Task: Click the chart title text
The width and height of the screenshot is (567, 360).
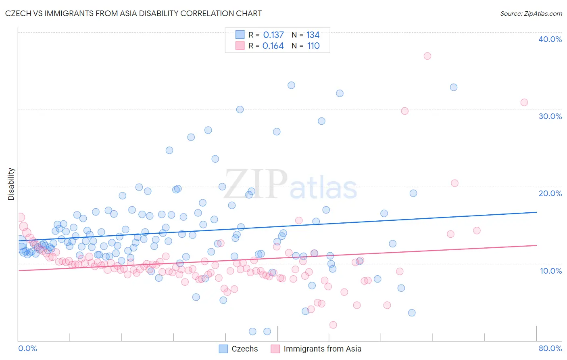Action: tap(133, 13)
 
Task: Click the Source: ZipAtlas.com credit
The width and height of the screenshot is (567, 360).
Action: tap(531, 13)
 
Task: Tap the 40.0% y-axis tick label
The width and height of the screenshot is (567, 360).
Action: tap(550, 39)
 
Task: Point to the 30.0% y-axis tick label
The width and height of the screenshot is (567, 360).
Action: tap(550, 116)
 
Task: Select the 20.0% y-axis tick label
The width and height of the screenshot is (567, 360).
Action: tap(550, 193)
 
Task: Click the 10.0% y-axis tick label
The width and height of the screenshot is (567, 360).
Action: tap(551, 271)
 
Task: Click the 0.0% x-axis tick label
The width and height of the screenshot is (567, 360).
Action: tap(28, 348)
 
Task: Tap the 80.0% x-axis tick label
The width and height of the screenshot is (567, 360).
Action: tap(550, 348)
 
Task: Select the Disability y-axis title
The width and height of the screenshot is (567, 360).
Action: tap(11, 184)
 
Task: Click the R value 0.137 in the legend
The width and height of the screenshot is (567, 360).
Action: tap(273, 35)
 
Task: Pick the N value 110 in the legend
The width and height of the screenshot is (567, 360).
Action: tap(313, 46)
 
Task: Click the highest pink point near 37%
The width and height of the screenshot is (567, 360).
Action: tap(427, 56)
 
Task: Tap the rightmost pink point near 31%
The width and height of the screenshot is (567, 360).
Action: tap(524, 103)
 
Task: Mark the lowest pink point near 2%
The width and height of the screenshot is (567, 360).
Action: tap(333, 325)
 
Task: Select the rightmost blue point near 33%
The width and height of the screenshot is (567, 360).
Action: tap(454, 87)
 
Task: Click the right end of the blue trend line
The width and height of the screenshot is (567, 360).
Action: tap(536, 212)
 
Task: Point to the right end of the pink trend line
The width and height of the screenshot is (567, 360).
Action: tap(536, 245)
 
